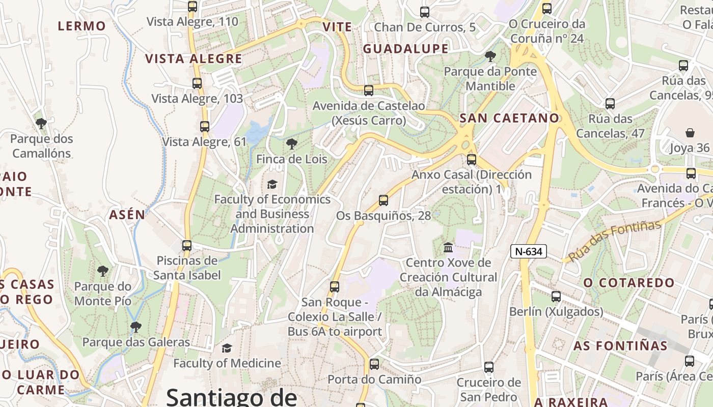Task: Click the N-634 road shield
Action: tap(529, 251)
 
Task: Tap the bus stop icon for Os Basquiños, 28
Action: tap(383, 200)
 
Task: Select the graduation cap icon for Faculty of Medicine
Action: tap(227, 348)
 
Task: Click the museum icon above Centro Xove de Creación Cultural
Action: tap(448, 248)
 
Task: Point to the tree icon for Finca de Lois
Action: tap(292, 144)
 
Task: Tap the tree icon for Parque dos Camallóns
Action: tap(41, 123)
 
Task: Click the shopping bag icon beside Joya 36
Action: tap(690, 133)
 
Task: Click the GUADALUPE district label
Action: tap(405, 49)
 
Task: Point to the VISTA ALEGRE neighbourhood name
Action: tap(194, 59)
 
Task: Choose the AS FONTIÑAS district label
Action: tap(620, 346)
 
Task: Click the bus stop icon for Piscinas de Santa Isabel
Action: tap(187, 246)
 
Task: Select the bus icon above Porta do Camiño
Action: tap(374, 364)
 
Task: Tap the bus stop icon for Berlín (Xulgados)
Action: tap(556, 297)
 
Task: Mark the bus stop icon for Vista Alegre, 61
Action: tap(205, 127)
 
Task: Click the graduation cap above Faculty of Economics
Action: tap(272, 184)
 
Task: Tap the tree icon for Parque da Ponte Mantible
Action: tap(490, 56)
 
